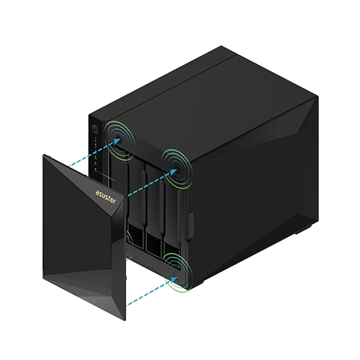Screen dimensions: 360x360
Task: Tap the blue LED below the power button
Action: (x=95, y=139)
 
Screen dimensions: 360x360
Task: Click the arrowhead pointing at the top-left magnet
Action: (x=117, y=141)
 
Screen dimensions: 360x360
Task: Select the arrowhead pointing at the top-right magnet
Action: (x=174, y=172)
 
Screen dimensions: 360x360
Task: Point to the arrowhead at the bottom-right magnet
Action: (x=174, y=279)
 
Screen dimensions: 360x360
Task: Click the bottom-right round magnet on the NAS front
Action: (x=176, y=274)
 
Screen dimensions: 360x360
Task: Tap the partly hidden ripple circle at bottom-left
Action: (x=129, y=245)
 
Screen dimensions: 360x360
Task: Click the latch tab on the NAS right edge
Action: (x=189, y=225)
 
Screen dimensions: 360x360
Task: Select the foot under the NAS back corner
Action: (x=304, y=230)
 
